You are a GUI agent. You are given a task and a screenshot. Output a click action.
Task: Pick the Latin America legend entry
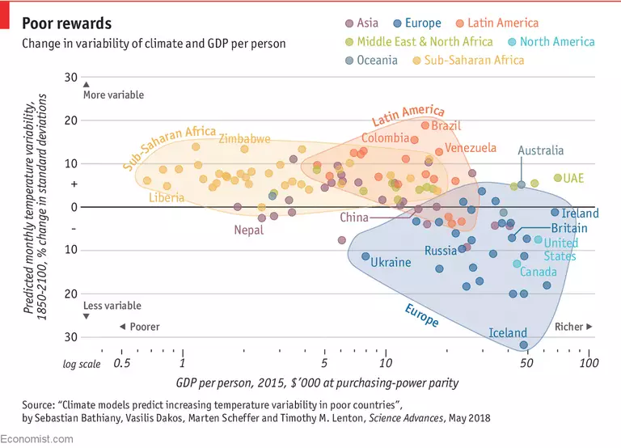496,23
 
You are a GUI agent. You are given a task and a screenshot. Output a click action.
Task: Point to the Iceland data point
524,345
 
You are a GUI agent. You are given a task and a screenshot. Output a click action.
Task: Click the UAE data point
558,178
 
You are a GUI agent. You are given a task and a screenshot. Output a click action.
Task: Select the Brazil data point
425,125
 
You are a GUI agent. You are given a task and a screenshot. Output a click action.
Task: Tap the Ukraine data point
365,256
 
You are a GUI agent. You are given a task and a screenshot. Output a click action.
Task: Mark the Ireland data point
555,213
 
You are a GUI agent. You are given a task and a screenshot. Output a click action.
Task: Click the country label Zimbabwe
244,139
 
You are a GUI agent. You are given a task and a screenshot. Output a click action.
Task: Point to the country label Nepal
249,230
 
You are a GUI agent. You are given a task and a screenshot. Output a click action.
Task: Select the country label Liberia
167,197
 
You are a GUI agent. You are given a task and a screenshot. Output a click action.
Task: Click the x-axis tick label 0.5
122,363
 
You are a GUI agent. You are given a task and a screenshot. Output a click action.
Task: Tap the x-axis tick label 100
589,363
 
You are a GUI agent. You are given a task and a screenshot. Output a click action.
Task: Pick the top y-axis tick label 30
70,78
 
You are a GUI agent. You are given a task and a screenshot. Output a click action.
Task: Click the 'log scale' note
82,364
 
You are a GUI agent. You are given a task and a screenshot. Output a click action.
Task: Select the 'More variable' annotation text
112,95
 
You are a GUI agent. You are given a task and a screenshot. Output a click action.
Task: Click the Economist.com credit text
37,438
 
